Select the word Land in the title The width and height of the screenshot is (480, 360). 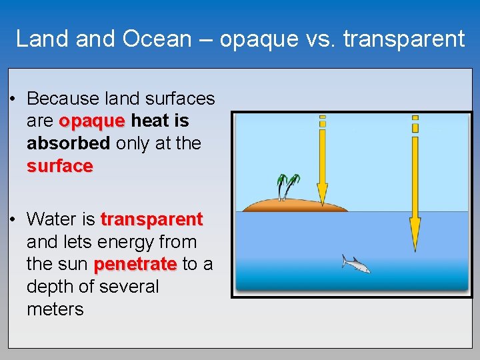(42, 39)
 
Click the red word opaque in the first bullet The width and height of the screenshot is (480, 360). (92, 121)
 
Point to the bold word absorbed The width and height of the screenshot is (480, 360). (68, 143)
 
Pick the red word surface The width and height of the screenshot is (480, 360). (59, 166)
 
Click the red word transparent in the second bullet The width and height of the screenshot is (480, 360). (151, 219)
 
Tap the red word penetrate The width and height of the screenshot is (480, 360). (135, 264)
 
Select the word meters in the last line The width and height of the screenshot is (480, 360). (55, 309)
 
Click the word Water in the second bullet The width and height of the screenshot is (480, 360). (52, 219)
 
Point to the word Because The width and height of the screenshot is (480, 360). (63, 99)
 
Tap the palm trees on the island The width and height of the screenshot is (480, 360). (288, 185)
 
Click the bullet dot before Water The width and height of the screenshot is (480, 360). (13, 220)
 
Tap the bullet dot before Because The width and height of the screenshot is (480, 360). (13, 99)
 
